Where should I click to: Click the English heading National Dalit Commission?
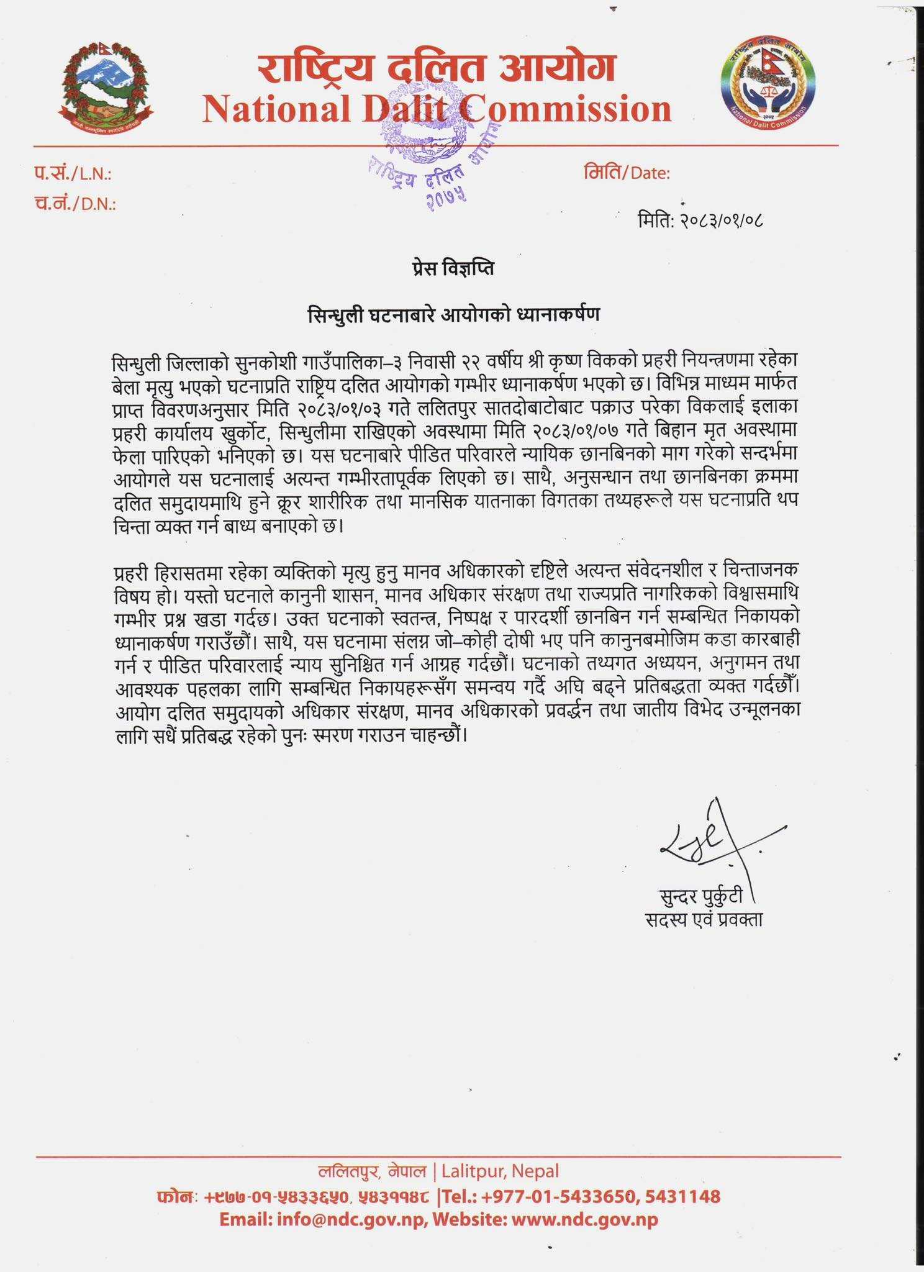click(437, 109)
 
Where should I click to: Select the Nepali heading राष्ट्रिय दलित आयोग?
click(437, 67)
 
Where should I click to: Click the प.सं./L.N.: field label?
click(73, 174)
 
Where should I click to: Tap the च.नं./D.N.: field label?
click(75, 203)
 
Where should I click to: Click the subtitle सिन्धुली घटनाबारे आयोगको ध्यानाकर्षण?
click(454, 315)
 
